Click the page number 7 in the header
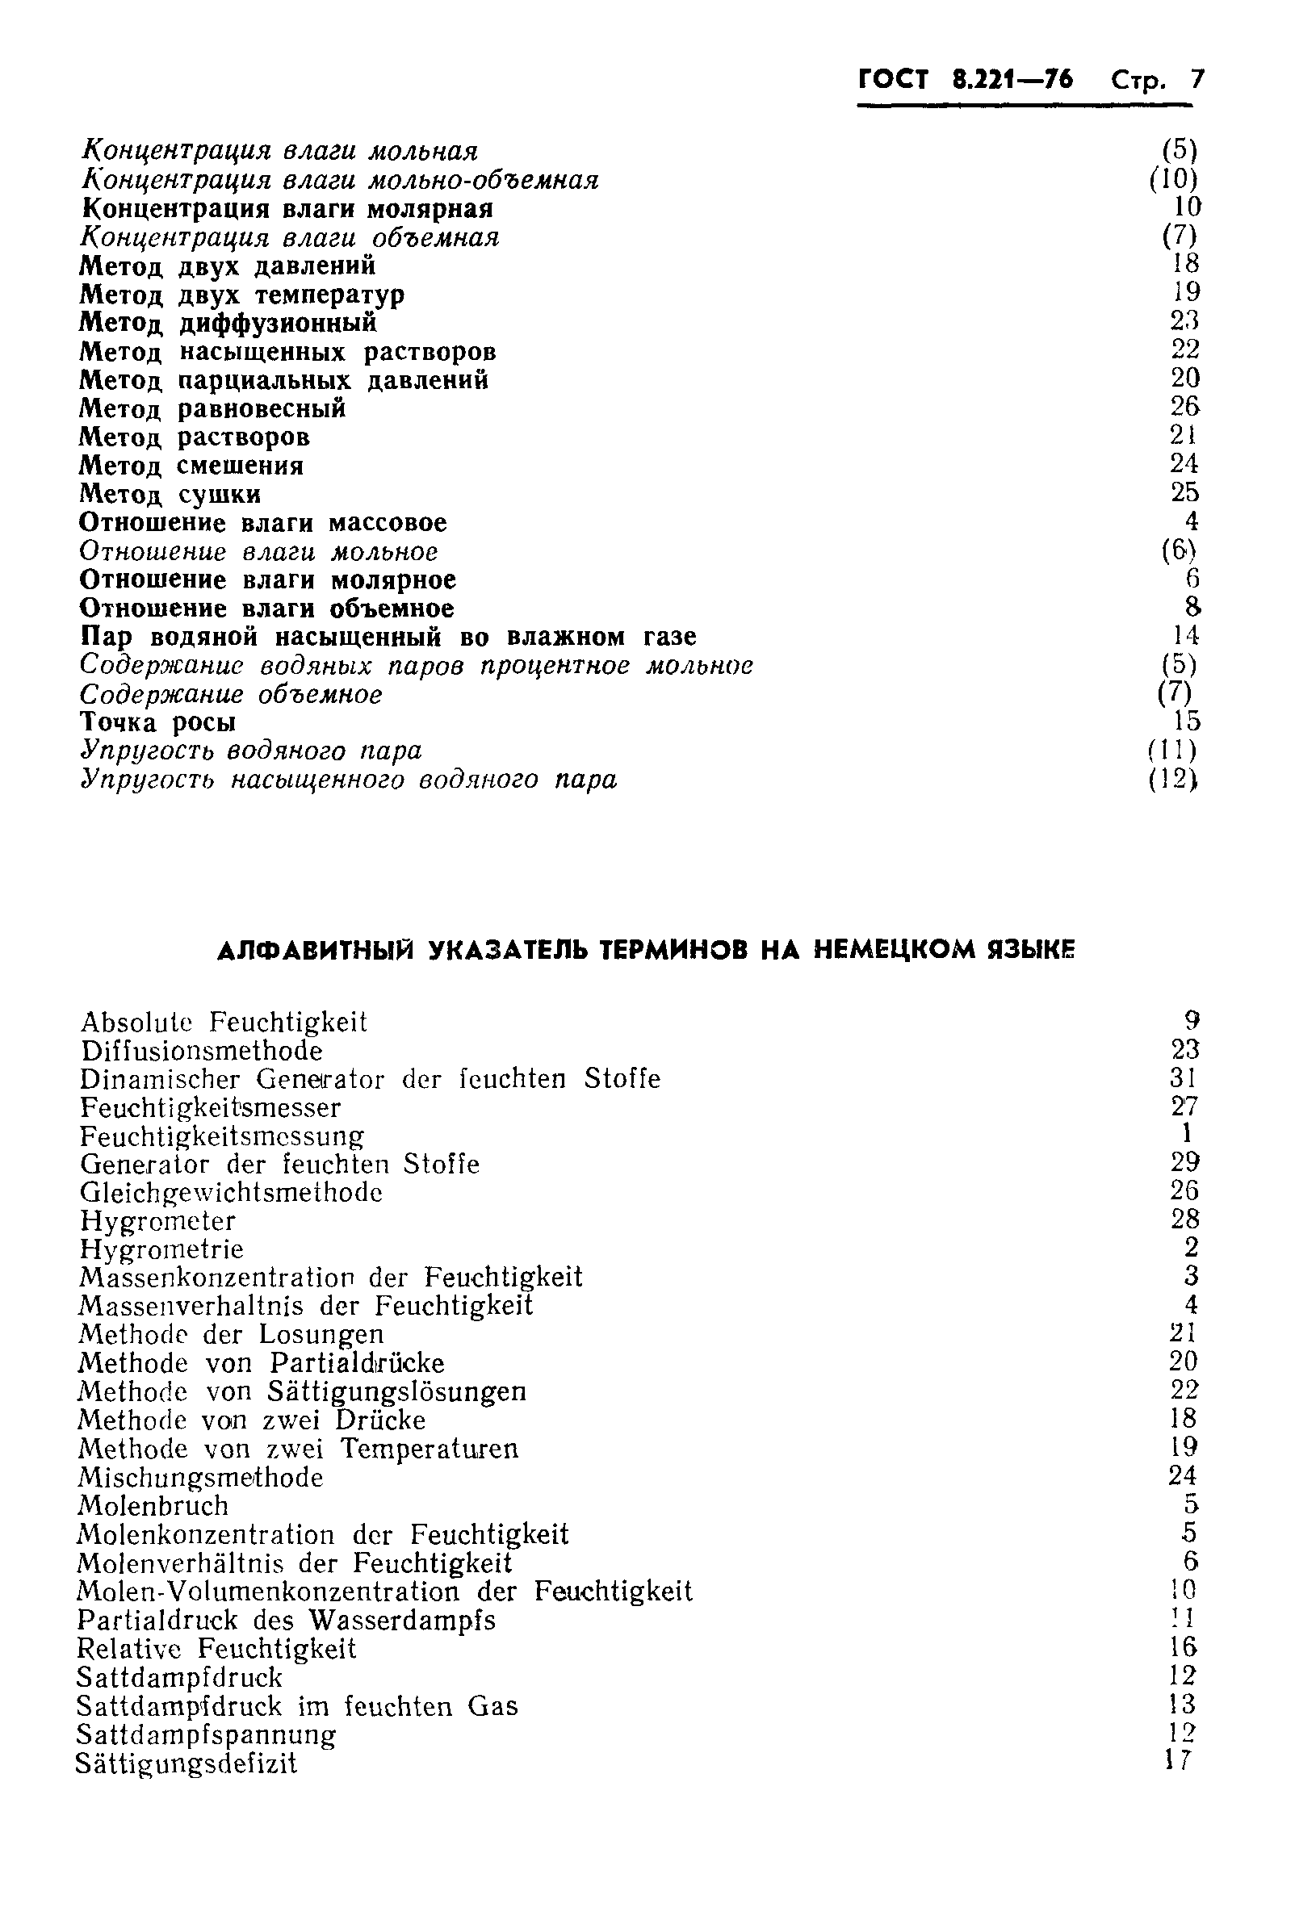1196,80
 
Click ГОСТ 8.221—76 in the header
966,80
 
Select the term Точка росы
158,722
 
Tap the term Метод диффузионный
228,322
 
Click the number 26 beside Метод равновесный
1184,407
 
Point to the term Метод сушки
170,494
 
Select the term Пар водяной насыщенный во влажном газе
388,637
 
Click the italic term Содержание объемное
232,694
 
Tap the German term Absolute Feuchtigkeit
224,1023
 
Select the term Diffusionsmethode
202,1050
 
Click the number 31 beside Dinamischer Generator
1184,1077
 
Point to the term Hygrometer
157,1220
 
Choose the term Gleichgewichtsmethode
231,1192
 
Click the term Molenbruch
153,1505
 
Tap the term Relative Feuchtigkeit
216,1648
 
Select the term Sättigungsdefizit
186,1763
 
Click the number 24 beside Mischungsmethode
1183,1476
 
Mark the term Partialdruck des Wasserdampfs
287,1620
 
